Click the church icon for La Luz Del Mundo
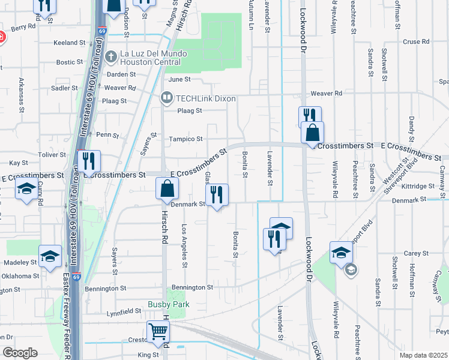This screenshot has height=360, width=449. pos(110,56)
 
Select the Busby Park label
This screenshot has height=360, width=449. pos(169,304)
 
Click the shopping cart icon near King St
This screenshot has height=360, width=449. pos(158,331)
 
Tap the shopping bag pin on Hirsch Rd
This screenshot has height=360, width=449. pos(167,189)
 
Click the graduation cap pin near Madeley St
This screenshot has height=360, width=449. pos(50,256)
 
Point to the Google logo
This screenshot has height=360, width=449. pos(20,352)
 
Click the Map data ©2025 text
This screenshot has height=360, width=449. pos(423,355)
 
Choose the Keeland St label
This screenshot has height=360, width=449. pos(70,43)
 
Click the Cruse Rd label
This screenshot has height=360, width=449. pos(417,41)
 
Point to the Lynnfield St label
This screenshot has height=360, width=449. pos(124,313)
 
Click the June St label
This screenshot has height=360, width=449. pos(179,79)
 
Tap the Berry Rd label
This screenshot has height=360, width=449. pos(23,27)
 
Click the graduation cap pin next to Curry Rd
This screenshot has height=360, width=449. pos(26,190)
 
